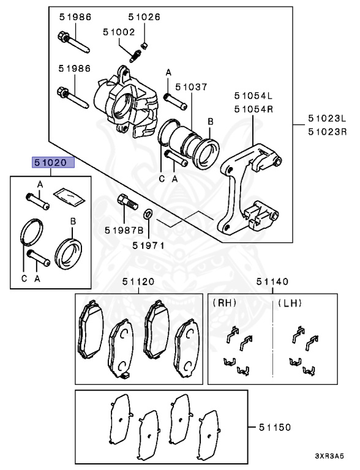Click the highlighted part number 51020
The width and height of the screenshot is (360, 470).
[54, 163]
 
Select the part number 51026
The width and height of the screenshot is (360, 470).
[144, 18]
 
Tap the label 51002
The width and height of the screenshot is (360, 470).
[119, 31]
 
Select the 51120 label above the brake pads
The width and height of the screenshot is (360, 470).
[138, 282]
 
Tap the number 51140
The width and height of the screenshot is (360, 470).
[272, 282]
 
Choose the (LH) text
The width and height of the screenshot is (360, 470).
[290, 303]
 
